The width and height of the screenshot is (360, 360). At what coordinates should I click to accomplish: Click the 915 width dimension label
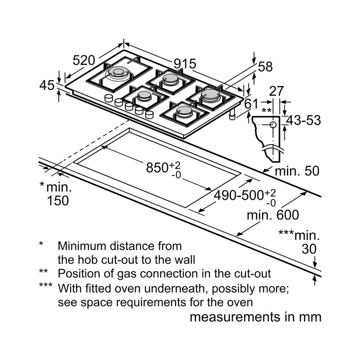[x=185, y=64]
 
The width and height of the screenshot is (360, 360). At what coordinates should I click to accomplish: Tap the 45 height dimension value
[x=47, y=86]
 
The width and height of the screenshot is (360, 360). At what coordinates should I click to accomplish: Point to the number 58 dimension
[x=265, y=67]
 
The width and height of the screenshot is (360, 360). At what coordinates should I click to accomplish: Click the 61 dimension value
[x=251, y=104]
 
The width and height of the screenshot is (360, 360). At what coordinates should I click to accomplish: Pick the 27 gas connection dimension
[x=276, y=91]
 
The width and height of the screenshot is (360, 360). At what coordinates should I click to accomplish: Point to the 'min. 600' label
[x=273, y=215]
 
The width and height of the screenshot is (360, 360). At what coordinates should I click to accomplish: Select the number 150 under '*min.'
[x=58, y=201]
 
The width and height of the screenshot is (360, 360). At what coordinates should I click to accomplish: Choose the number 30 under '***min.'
[x=309, y=249]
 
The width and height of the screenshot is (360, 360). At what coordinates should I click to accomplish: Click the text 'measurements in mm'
[x=255, y=317]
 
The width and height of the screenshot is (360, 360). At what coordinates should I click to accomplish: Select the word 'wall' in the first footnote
[x=183, y=260]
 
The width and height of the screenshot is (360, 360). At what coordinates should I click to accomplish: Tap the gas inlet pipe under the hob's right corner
[x=233, y=114]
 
